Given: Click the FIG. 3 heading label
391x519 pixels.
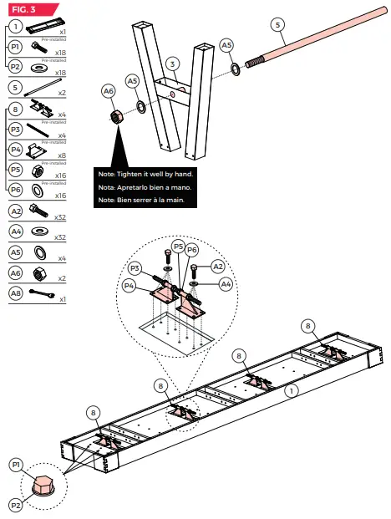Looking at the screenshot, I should (x=22, y=9).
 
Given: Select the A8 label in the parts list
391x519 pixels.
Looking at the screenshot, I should (x=15, y=293).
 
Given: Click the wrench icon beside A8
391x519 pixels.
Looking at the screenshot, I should (x=40, y=294).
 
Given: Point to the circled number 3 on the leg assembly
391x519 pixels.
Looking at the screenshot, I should (x=170, y=64).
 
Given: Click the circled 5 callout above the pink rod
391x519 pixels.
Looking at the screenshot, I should (x=277, y=25).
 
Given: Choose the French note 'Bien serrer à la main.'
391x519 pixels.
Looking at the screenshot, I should (x=142, y=201).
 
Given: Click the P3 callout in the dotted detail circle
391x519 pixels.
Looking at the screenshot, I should (x=135, y=267).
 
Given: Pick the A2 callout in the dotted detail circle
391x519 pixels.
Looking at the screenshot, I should (x=217, y=267).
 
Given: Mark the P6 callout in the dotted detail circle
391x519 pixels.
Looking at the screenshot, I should (x=191, y=249).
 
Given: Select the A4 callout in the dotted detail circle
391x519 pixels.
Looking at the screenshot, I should (x=226, y=284).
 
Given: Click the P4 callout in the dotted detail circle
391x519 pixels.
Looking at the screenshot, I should (x=129, y=285).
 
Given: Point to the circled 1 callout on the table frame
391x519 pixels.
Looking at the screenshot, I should (x=290, y=388).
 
